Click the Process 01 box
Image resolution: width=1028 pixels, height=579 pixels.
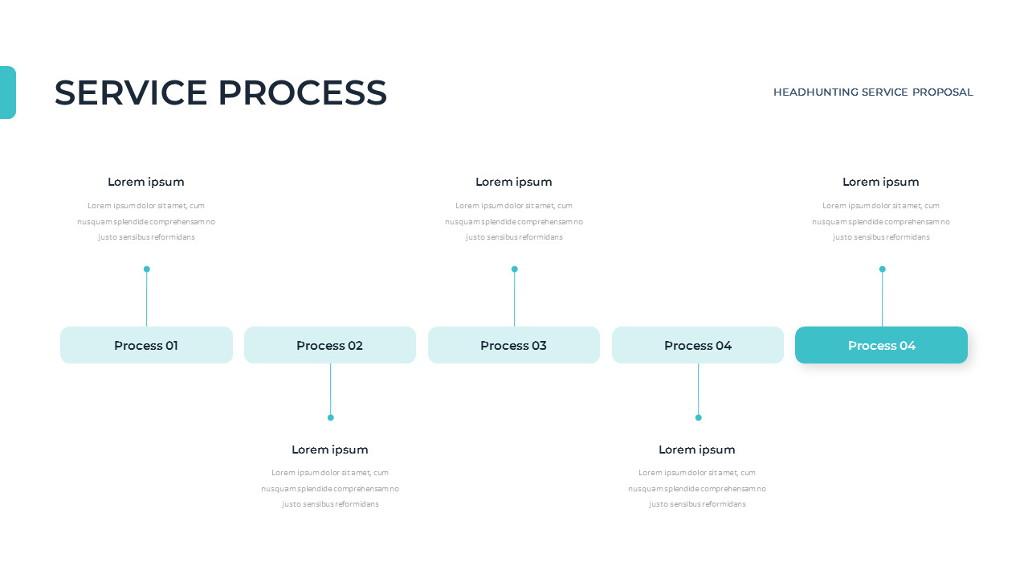146,345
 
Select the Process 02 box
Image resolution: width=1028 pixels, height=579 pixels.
330,345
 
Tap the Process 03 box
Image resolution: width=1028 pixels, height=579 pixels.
514,345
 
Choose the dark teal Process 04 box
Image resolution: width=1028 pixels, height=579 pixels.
881,345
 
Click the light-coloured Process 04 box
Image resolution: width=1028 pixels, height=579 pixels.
698,345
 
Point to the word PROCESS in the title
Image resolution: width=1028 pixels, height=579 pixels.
303,92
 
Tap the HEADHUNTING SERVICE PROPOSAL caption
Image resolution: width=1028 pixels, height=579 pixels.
873,92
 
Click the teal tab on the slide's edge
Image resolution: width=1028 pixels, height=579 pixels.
7,92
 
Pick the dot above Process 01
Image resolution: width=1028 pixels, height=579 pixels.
146,269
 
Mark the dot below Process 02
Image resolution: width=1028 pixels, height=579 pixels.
330,417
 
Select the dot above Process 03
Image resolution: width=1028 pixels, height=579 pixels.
514,269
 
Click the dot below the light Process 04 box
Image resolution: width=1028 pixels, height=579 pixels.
698,417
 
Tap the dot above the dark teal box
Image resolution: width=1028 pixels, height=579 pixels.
882,269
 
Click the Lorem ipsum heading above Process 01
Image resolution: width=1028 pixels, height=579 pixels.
146,182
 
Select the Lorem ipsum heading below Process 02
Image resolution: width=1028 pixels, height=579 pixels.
330,450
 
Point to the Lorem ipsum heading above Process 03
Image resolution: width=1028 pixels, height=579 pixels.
514,182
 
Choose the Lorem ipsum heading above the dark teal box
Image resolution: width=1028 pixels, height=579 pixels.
881,182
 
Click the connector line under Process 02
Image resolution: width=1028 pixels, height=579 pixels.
330,389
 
